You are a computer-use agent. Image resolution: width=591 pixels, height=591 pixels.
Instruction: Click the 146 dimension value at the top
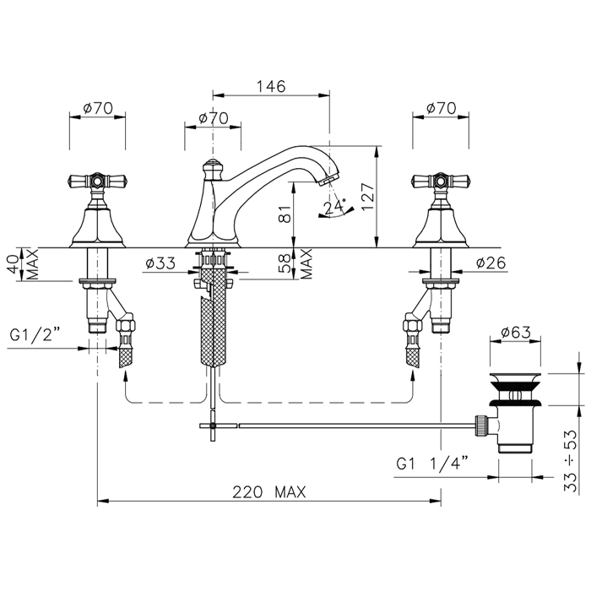click(x=271, y=86)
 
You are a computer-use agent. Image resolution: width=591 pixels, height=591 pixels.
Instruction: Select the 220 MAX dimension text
click(x=268, y=492)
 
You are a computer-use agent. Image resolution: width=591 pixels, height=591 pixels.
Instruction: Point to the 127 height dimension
click(x=368, y=197)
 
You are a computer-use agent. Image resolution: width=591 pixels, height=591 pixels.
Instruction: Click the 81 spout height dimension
click(x=287, y=214)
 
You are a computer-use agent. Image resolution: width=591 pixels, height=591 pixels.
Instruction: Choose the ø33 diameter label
click(x=160, y=263)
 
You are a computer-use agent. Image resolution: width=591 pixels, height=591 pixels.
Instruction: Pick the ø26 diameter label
click(x=491, y=263)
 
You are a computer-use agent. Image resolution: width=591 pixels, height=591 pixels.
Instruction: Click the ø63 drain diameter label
click(x=516, y=332)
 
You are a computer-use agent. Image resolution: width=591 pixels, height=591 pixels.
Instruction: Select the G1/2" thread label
click(x=35, y=334)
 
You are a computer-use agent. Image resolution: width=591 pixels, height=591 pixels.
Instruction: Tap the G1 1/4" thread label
click(x=432, y=463)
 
